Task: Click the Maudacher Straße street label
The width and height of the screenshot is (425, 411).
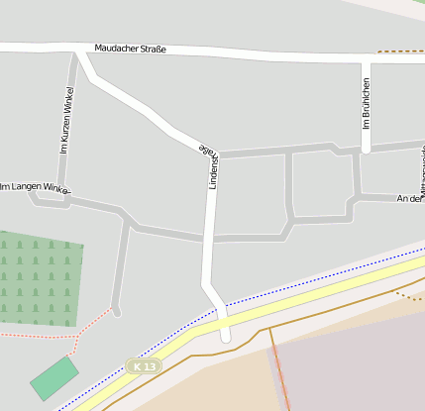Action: pyautogui.click(x=130, y=49)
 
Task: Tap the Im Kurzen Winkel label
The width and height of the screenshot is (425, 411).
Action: pyautogui.click(x=67, y=121)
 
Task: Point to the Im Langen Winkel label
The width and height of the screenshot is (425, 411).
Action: pyautogui.click(x=36, y=186)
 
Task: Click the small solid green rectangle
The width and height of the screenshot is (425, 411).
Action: pyautogui.click(x=54, y=378)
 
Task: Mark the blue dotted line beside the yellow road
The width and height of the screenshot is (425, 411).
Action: pyautogui.click(x=297, y=282)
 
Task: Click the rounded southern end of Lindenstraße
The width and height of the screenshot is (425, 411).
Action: pyautogui.click(x=225, y=336)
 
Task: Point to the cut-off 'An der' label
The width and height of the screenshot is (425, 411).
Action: pyautogui.click(x=409, y=198)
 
